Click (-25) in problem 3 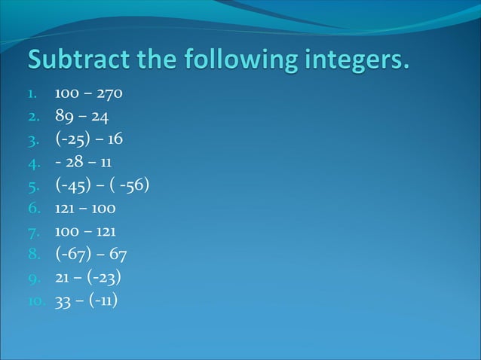click(x=72, y=139)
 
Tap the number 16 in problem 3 click(x=115, y=139)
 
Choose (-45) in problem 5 click(x=73, y=185)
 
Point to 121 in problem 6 click(x=64, y=208)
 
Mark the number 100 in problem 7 click(x=66, y=231)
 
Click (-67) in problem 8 click(x=72, y=254)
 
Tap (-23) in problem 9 click(x=105, y=277)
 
